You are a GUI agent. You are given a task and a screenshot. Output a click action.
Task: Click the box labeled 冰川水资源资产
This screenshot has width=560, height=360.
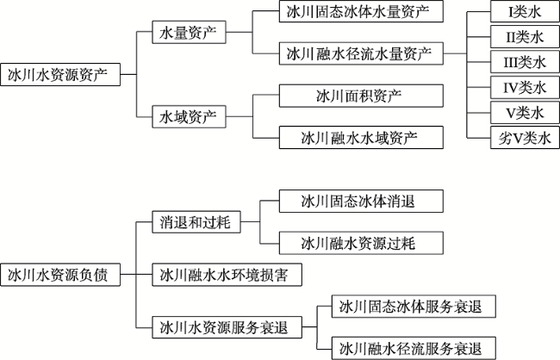(60, 75)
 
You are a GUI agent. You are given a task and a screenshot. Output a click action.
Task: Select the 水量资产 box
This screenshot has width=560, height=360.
(189, 33)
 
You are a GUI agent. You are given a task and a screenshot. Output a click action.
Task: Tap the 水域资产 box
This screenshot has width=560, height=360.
(189, 117)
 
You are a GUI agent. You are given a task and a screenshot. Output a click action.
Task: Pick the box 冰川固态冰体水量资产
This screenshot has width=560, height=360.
(361, 11)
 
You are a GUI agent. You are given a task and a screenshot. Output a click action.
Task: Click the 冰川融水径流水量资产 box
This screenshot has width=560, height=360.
(361, 53)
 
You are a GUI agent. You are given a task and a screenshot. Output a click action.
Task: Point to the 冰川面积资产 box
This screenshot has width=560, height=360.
(361, 96)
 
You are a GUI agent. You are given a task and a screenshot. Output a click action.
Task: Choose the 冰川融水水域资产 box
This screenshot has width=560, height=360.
(361, 138)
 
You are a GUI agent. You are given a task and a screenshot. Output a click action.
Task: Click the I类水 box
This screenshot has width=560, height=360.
(525, 11)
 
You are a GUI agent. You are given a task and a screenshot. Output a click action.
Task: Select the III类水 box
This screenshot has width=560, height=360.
(525, 62)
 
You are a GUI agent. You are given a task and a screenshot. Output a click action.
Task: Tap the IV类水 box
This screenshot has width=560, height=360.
(525, 88)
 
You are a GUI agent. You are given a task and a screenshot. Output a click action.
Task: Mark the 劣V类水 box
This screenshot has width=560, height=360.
(525, 138)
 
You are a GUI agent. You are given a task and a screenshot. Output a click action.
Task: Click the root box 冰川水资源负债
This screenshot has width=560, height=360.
(60, 275)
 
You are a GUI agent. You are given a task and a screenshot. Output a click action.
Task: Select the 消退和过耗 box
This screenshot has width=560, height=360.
(196, 222)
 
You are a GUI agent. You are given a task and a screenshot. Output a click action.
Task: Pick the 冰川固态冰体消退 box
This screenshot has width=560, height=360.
(361, 202)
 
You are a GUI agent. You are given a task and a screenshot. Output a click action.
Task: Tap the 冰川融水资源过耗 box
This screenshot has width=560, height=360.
(361, 243)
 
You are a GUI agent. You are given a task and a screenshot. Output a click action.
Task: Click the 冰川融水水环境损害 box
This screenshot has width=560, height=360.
(227, 275)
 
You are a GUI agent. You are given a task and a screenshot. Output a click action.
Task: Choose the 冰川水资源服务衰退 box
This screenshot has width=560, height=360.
(227, 327)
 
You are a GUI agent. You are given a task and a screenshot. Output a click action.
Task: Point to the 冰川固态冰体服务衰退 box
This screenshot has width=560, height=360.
(414, 307)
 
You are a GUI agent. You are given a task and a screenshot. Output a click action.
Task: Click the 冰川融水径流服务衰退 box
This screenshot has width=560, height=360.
(414, 348)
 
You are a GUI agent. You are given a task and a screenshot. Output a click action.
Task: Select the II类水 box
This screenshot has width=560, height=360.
(525, 37)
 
